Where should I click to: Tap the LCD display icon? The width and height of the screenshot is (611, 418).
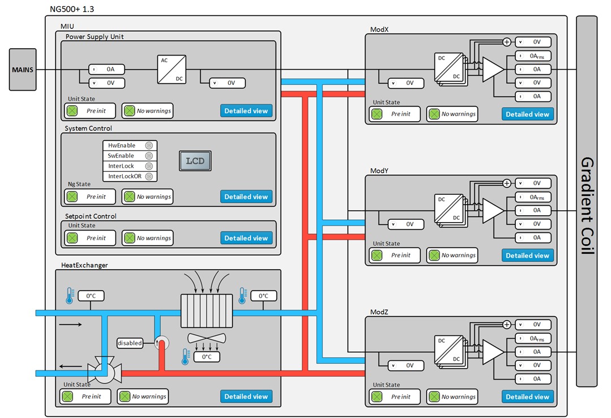click(x=195, y=161)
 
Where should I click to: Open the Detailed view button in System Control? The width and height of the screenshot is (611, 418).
click(x=246, y=197)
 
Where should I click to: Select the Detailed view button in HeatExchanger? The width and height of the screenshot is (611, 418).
click(x=246, y=396)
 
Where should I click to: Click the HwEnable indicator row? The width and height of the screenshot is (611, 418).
click(x=130, y=146)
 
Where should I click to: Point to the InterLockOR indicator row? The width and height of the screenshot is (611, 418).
click(x=130, y=176)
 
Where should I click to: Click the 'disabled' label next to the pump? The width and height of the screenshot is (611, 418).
click(x=130, y=343)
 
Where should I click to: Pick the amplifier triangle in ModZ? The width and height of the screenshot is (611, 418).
click(x=492, y=352)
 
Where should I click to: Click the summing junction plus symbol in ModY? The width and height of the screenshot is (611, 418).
click(x=507, y=183)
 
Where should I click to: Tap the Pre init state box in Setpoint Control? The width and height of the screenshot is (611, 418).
click(x=91, y=238)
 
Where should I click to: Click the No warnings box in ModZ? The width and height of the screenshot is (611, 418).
click(x=452, y=396)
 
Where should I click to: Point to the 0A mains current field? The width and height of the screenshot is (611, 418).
click(x=106, y=69)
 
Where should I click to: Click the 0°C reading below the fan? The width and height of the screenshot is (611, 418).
click(x=206, y=357)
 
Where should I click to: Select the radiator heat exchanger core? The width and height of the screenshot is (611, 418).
click(x=206, y=311)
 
